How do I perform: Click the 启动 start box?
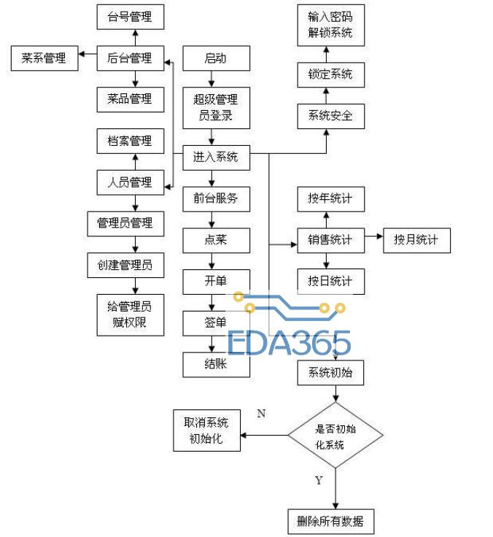pyautogui.click(x=215, y=58)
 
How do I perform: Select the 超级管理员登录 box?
pyautogui.click(x=215, y=107)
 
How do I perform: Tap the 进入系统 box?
pyautogui.click(x=215, y=156)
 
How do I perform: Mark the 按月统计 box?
pyautogui.click(x=416, y=239)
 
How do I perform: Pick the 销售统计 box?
pyautogui.click(x=330, y=239)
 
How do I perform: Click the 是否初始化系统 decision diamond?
pyautogui.click(x=335, y=436)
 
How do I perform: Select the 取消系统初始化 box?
pyautogui.click(x=206, y=430)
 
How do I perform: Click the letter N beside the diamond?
pyautogui.click(x=261, y=414)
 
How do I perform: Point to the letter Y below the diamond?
pyautogui.click(x=318, y=481)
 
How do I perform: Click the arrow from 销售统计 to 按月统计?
pyautogui.click(x=373, y=237)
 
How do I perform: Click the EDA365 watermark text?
pyautogui.click(x=290, y=343)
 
